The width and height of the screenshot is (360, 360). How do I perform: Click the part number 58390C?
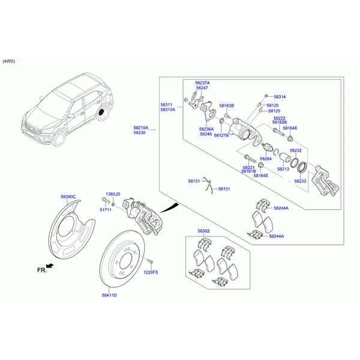click(x=68, y=197)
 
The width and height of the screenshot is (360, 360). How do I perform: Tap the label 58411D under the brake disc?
click(x=109, y=295)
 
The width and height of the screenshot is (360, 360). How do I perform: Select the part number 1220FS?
click(x=151, y=272)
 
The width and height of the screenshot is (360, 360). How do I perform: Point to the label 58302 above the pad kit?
click(x=203, y=231)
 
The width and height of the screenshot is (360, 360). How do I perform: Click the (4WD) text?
click(x=9, y=61)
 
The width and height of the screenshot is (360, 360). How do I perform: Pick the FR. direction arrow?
click(x=50, y=266)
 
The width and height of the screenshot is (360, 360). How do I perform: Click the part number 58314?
click(x=280, y=97)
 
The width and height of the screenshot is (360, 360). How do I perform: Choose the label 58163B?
click(x=227, y=106)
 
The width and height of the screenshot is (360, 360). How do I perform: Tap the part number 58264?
click(x=266, y=158)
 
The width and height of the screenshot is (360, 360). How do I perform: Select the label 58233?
click(x=301, y=181)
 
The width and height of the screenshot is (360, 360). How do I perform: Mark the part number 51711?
click(x=106, y=210)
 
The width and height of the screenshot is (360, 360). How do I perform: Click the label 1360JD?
click(x=113, y=194)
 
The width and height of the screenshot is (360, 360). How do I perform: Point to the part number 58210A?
click(x=141, y=128)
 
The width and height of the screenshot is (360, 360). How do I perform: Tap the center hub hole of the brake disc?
click(x=126, y=261)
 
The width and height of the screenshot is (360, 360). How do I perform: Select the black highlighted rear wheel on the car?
click(x=101, y=112)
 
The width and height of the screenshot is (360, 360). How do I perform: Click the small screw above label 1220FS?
click(x=151, y=261)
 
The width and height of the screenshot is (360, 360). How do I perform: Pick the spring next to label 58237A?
click(x=194, y=95)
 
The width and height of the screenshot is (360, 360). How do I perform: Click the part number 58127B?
click(x=221, y=136)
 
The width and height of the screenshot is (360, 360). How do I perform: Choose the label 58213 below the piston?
click(x=283, y=169)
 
